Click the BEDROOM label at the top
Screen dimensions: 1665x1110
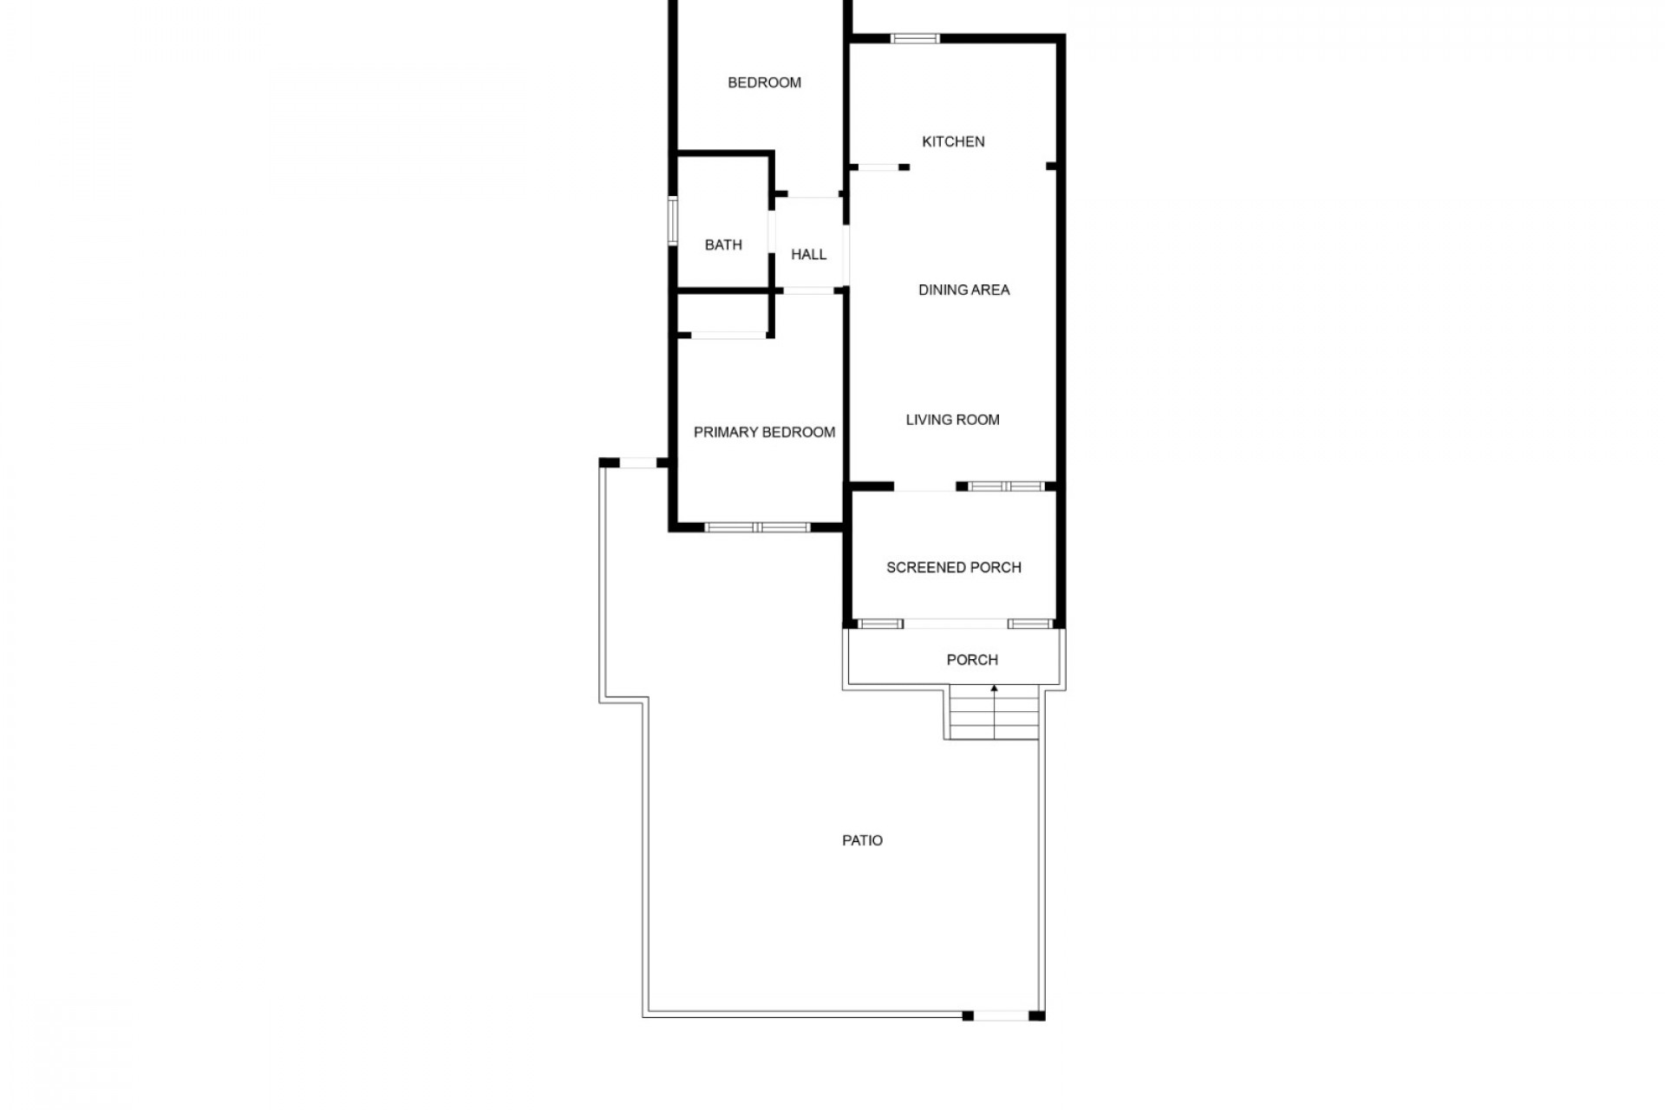[x=764, y=82]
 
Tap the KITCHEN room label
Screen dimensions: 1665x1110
[x=953, y=141]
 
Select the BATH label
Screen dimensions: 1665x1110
[x=723, y=245]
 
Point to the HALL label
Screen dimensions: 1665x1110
[x=808, y=254]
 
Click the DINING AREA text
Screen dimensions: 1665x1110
[x=963, y=290]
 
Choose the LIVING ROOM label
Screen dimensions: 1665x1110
[x=952, y=420]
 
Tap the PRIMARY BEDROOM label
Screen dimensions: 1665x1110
[x=764, y=432]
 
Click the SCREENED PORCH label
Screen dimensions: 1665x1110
[x=953, y=567]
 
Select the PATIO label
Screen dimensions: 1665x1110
[x=862, y=840]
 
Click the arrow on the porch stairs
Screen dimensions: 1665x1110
[x=995, y=712]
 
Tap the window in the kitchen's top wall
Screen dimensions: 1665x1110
[x=915, y=38]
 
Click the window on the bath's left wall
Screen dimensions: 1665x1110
[x=672, y=221]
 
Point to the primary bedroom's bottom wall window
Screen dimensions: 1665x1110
[x=758, y=527]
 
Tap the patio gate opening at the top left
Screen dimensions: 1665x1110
[x=637, y=464]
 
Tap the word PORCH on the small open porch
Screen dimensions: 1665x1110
[x=971, y=660]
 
